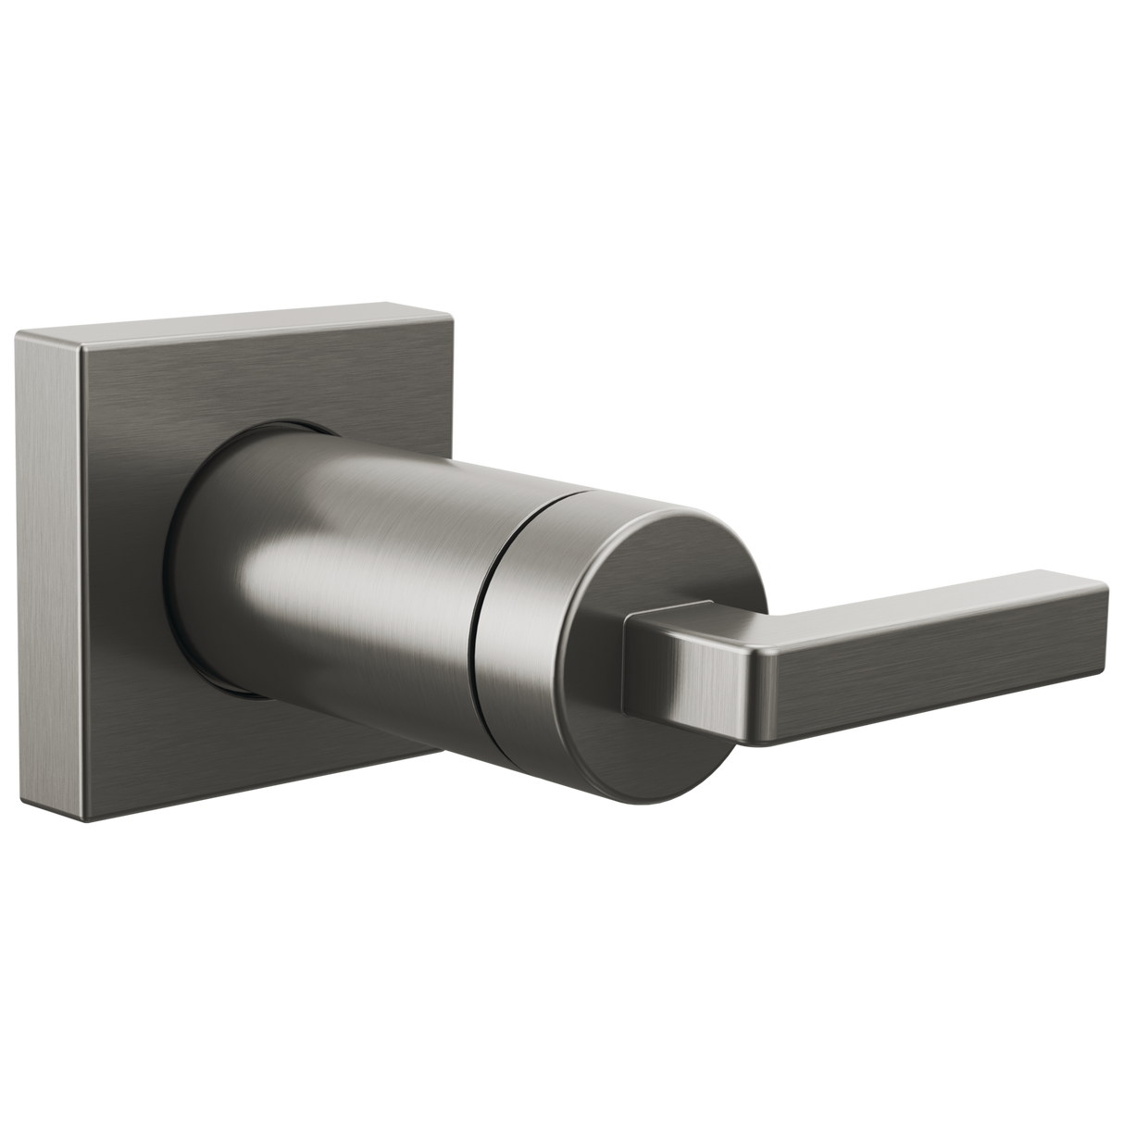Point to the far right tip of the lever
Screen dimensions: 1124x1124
click(x=1107, y=602)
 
